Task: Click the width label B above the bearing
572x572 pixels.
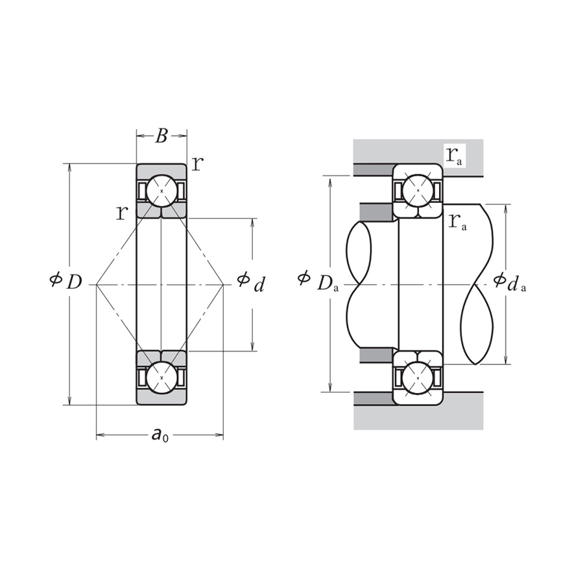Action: coord(161,136)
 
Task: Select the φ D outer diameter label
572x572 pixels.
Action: coord(66,281)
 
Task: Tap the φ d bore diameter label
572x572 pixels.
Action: coord(251,281)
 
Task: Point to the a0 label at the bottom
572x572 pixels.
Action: coord(160,435)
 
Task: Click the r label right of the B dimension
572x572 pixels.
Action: coord(197,163)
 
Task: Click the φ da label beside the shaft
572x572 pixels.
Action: coord(509,281)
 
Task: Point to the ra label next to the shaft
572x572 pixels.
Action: coord(457,221)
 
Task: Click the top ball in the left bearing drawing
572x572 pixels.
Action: coord(161,191)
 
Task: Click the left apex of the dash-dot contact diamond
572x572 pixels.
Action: coord(97,284)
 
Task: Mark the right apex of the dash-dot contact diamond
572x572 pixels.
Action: coord(223,284)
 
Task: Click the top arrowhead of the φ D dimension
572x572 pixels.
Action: coord(69,167)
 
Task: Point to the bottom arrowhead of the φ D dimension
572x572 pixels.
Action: coord(69,401)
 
